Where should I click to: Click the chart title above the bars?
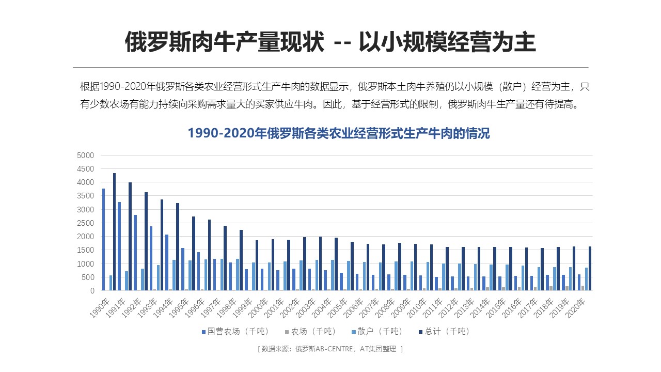[x=338, y=133]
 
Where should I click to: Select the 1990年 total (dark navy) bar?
[x=114, y=232]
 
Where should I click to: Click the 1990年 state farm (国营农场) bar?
[x=103, y=240]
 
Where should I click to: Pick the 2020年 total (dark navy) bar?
[x=590, y=269]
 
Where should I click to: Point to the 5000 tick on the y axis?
[x=85, y=156]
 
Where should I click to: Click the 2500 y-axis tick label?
[x=85, y=223]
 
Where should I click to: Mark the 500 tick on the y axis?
[x=87, y=277]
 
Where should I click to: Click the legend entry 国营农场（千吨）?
[x=235, y=331]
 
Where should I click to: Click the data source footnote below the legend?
[x=330, y=349]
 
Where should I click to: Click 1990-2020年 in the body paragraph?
[x=126, y=86]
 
